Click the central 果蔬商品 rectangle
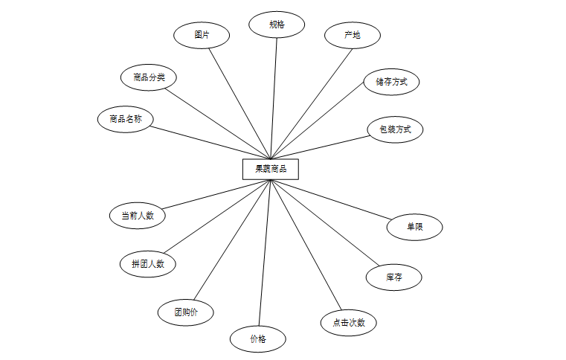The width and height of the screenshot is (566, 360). (x=270, y=169)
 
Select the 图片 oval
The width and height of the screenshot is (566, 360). (x=201, y=34)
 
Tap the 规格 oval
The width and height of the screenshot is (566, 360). (x=277, y=25)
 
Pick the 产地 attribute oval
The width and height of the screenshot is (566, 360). (x=352, y=35)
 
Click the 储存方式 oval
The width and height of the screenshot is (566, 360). (x=391, y=82)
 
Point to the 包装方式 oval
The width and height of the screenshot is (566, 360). (x=395, y=129)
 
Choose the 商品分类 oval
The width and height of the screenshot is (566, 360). (x=149, y=77)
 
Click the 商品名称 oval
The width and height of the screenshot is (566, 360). (x=125, y=119)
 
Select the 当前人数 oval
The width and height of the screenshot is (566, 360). (x=137, y=216)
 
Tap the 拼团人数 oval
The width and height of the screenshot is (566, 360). (x=148, y=263)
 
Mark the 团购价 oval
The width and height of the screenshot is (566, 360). (x=185, y=312)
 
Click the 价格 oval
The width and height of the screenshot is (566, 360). (x=258, y=338)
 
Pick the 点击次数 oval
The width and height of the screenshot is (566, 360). (x=348, y=323)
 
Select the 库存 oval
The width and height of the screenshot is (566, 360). (x=394, y=277)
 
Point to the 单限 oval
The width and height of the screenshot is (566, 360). (x=414, y=227)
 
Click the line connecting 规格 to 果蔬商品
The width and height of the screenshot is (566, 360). (x=274, y=97)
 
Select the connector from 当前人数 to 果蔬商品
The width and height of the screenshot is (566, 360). (x=216, y=194)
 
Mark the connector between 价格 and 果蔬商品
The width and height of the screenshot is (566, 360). (x=264, y=253)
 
